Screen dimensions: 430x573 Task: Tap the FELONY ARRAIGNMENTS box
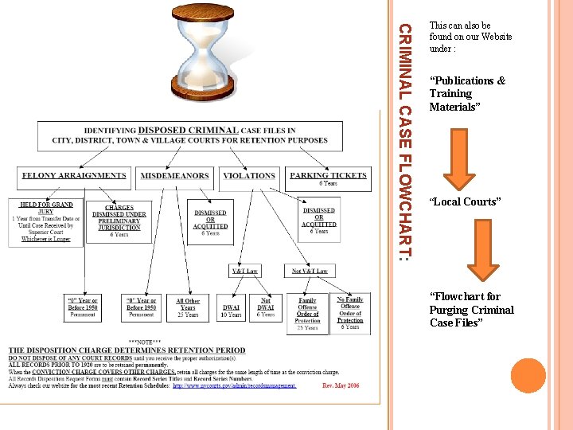click(74, 176)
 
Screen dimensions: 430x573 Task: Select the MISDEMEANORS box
click(175, 176)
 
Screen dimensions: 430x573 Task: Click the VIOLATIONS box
click(249, 176)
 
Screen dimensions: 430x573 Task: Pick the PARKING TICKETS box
click(328, 178)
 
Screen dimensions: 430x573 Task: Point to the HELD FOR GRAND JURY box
click(46, 219)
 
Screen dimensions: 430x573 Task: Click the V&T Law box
click(245, 271)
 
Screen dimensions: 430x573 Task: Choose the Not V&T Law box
click(310, 271)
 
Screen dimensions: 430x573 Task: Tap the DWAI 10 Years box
click(232, 307)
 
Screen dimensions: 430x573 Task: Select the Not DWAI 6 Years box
click(266, 307)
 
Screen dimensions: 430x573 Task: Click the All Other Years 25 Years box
click(189, 307)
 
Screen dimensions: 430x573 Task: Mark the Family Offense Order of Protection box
click(307, 313)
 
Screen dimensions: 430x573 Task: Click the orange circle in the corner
click(528, 376)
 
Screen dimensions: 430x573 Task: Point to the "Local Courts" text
click(465, 201)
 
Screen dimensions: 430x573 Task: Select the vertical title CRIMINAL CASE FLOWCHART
click(404, 143)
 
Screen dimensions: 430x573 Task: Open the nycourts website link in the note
click(234, 385)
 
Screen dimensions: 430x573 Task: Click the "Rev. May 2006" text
click(341, 385)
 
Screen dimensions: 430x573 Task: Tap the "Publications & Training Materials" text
click(467, 93)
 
